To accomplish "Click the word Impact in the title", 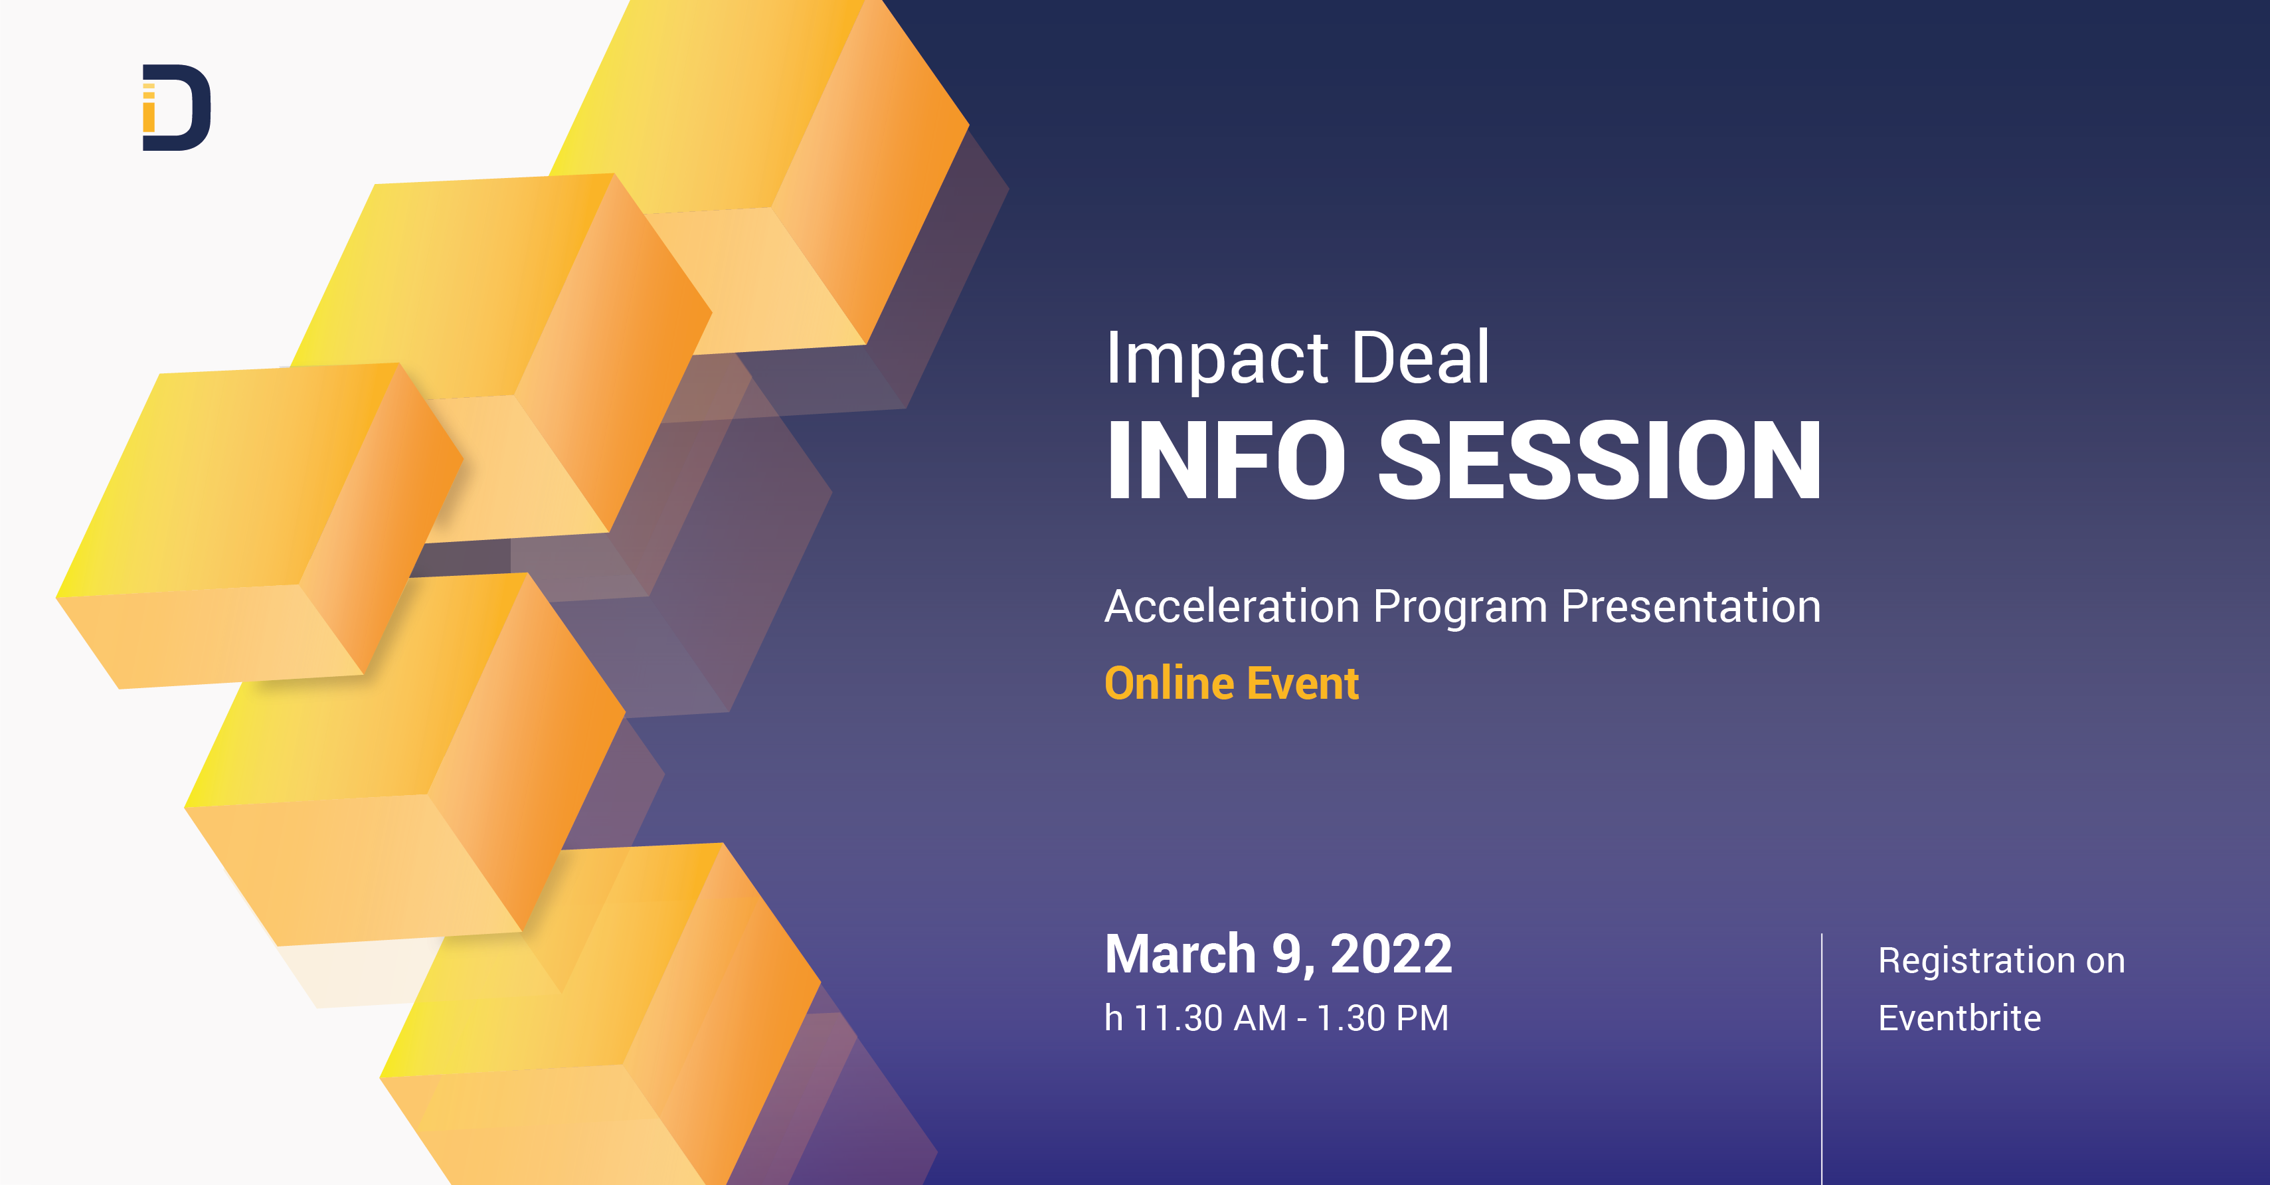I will pos(1217,359).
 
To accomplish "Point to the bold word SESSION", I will pos(1599,461).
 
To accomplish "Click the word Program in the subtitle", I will pos(1459,608).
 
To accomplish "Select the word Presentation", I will pos(1690,606).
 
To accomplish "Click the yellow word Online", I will pos(1168,684).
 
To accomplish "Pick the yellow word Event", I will pos(1302,684).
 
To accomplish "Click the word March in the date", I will pos(1179,954).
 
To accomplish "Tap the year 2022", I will pos(1391,954).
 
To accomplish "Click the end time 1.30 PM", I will pos(1382,1018).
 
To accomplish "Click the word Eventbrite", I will pos(1959,1018).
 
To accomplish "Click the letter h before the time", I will pos(1114,1018).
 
